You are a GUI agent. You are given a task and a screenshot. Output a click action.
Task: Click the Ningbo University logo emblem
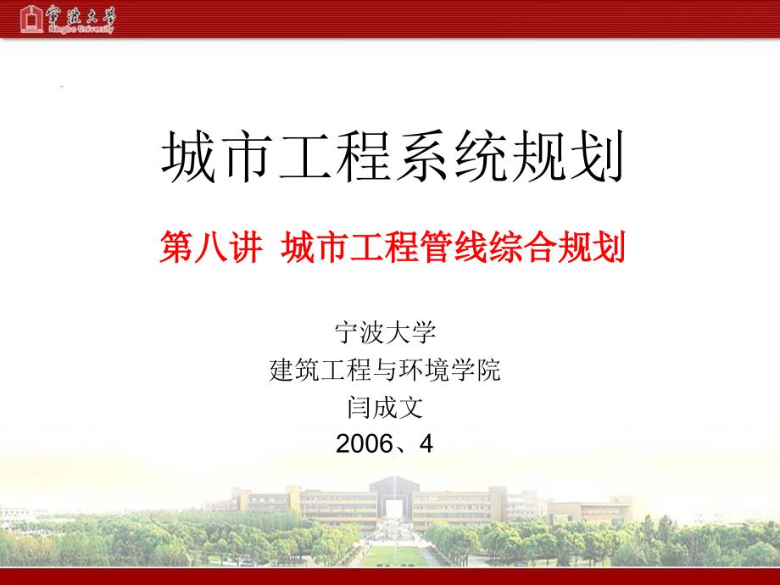[x=31, y=19]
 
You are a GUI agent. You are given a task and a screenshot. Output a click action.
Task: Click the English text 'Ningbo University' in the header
[x=81, y=30]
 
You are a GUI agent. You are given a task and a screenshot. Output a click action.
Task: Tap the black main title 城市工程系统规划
[x=393, y=156]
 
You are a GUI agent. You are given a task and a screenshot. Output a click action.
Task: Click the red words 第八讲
[x=211, y=247]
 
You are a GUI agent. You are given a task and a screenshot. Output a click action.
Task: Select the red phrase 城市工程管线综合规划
[x=453, y=247]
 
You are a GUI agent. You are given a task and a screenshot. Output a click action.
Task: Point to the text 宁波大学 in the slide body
[x=386, y=332]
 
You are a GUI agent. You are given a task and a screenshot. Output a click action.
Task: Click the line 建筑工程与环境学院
[x=385, y=370]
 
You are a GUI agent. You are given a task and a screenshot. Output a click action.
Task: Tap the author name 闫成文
[x=385, y=408]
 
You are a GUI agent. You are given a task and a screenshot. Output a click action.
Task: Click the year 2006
[x=365, y=443]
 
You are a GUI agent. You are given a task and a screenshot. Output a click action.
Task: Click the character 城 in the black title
[x=189, y=156]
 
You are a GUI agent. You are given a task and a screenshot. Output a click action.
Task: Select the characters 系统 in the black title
[x=451, y=156]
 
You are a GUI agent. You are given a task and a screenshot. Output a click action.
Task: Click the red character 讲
[x=246, y=247]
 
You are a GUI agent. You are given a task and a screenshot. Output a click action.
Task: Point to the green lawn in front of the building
[x=394, y=555]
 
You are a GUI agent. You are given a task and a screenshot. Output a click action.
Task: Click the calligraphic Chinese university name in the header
[x=81, y=15]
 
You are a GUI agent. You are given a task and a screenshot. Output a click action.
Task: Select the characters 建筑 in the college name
[x=294, y=370]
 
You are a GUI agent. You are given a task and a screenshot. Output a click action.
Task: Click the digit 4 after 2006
[x=426, y=443]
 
